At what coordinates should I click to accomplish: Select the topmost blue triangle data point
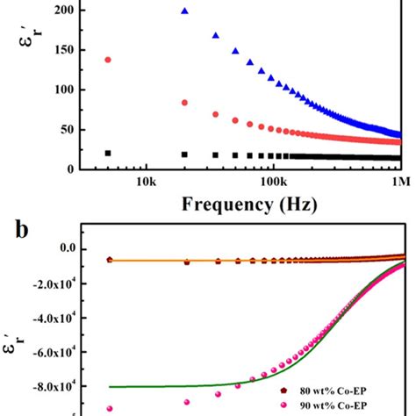184,11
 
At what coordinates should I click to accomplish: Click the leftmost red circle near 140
108,60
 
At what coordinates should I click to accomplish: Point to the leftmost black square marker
108,153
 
